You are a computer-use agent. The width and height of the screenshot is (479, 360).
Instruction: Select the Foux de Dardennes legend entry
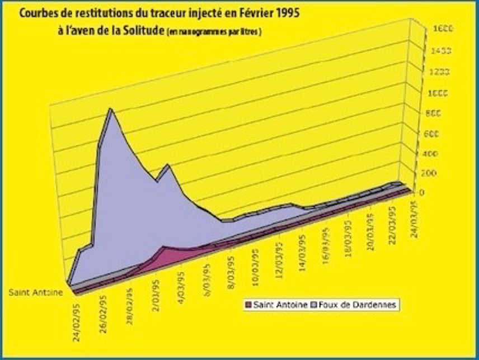click(x=363, y=305)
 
